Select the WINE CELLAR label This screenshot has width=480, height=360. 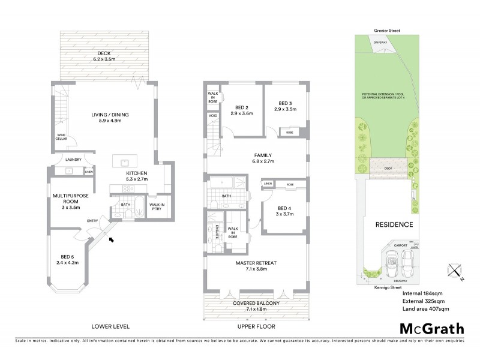[x=62, y=136]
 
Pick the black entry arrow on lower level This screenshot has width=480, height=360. [x=112, y=240]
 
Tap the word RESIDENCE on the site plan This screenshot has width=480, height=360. [x=394, y=225]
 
